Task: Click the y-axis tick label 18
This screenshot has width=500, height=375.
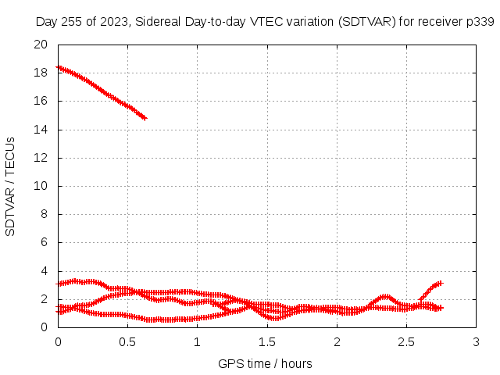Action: [41, 73]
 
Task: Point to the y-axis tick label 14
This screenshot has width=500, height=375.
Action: [41, 130]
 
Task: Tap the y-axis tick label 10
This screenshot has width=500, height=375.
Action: [41, 186]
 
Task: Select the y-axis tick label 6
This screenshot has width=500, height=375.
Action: [44, 242]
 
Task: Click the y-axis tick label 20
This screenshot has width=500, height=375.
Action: [41, 45]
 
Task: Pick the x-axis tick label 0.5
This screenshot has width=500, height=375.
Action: [127, 342]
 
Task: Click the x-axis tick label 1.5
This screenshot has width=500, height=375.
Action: [267, 342]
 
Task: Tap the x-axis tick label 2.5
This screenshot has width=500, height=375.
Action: [406, 342]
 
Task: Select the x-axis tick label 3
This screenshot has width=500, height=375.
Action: [476, 342]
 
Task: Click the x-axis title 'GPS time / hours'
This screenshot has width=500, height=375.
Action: [265, 363]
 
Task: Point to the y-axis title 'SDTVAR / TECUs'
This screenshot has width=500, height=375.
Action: [10, 187]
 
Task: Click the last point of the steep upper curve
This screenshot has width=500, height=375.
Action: [145, 118]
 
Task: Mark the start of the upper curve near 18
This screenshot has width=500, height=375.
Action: [59, 67]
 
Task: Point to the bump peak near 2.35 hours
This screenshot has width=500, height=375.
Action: [386, 297]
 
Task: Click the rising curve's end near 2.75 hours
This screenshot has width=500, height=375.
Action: [441, 283]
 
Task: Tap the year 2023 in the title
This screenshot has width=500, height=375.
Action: [113, 22]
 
